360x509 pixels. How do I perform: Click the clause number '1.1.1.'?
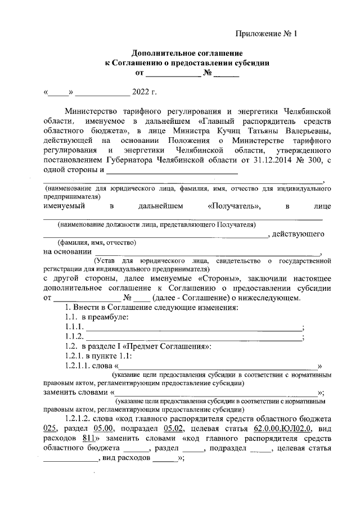[x=75, y=328]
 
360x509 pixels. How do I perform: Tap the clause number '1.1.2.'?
[x=75, y=337]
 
